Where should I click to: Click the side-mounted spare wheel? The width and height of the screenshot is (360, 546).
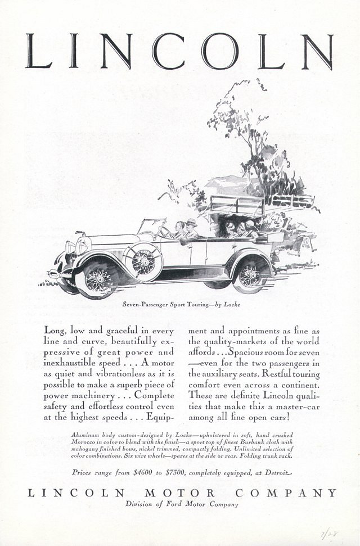(144, 261)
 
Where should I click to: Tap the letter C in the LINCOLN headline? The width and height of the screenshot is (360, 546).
(166, 51)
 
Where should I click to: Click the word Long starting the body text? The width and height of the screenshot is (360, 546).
(54, 331)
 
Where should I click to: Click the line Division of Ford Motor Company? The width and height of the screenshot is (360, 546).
(181, 504)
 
